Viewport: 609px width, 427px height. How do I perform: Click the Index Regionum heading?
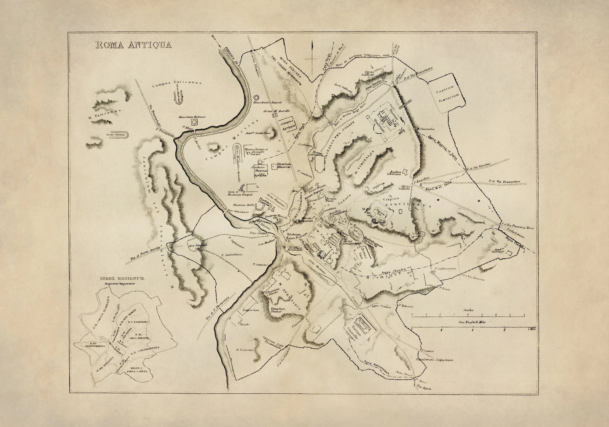[x=122, y=279]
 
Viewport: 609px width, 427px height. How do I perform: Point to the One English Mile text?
[x=468, y=322]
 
